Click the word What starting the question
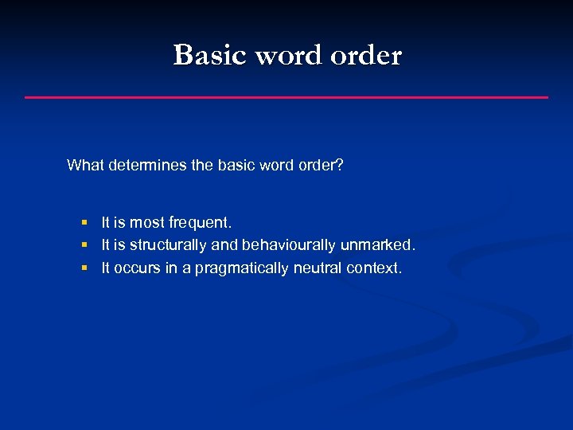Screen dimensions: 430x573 (x=85, y=166)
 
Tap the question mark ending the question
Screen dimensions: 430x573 (x=340, y=166)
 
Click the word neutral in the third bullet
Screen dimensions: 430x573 (x=318, y=268)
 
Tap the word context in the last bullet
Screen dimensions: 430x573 (x=374, y=268)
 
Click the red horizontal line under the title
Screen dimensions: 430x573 (x=286, y=97)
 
